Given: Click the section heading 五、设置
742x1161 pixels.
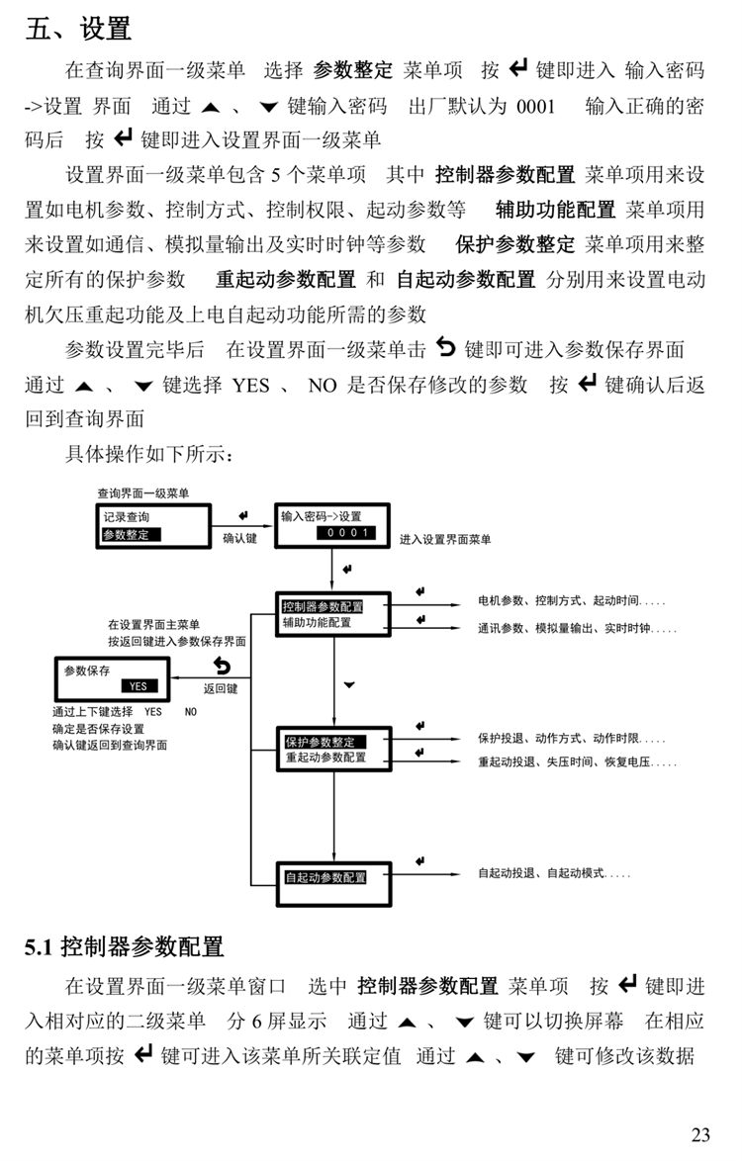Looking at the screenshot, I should click(78, 29).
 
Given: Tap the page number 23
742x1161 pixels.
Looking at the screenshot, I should click(700, 1134).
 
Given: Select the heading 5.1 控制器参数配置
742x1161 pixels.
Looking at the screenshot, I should click(125, 946).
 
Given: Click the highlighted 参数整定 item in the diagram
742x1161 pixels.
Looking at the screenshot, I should click(131, 534).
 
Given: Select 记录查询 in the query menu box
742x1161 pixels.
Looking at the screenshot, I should click(127, 516).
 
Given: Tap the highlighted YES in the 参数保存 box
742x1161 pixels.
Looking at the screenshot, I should click(138, 685).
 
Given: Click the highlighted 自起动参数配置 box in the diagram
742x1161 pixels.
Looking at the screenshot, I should click(325, 877).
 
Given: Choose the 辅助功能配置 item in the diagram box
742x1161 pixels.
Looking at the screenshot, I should click(317, 623).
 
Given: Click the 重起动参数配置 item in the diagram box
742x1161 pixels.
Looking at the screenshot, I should click(325, 758).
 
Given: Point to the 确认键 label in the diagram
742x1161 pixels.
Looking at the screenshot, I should click(239, 539).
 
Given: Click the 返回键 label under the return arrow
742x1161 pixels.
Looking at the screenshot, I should click(221, 688).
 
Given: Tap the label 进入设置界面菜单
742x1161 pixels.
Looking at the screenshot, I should click(445, 539).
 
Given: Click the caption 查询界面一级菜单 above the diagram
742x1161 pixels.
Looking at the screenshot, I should click(142, 492).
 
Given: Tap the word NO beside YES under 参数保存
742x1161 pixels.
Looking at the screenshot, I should click(191, 711).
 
